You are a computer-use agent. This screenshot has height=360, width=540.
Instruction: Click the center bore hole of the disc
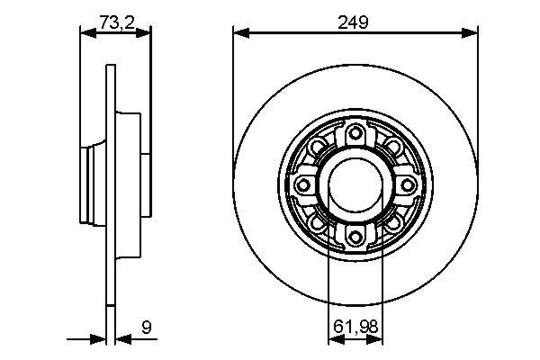(355, 184)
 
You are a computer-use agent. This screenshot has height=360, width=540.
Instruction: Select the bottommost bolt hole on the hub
(355, 236)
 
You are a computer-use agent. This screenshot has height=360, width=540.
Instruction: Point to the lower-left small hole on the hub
(316, 221)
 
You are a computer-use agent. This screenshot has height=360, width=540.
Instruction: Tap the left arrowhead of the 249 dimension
(239, 34)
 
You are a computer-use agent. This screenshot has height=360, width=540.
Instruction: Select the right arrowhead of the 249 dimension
(472, 34)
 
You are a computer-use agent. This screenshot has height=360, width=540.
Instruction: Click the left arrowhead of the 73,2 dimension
(87, 34)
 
